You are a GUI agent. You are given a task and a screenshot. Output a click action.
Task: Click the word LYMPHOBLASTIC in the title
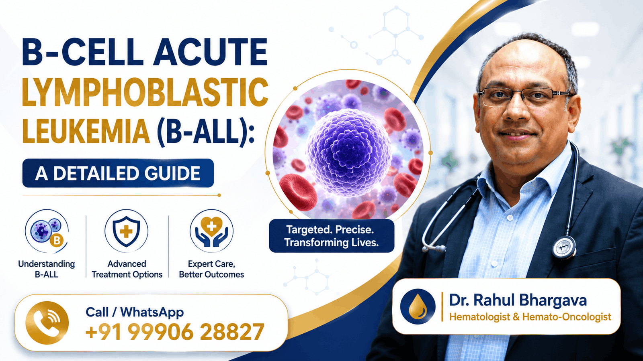145,92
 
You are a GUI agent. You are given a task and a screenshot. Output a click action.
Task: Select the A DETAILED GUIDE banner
118,173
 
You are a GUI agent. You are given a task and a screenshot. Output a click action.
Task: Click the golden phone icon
47,322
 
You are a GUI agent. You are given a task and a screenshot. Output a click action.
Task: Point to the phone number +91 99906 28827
175,331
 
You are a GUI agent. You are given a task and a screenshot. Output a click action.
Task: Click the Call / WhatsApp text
135,312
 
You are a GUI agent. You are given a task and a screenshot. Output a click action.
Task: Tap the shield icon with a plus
126,231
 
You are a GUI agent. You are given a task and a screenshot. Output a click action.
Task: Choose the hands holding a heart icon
211,231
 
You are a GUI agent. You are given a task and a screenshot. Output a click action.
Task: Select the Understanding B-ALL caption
47,269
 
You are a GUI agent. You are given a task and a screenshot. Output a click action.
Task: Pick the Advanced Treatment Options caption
127,269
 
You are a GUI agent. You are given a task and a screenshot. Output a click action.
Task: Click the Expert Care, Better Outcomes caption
211,269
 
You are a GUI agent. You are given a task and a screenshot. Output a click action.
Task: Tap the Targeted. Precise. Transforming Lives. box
332,236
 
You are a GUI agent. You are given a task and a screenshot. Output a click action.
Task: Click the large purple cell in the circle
348,153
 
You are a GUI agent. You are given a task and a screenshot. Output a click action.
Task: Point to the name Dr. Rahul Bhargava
518,300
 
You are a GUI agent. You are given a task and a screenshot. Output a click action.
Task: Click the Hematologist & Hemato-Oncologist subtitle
530,317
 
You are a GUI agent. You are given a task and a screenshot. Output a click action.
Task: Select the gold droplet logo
418,306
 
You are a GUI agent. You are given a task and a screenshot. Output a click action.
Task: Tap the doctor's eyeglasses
524,97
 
